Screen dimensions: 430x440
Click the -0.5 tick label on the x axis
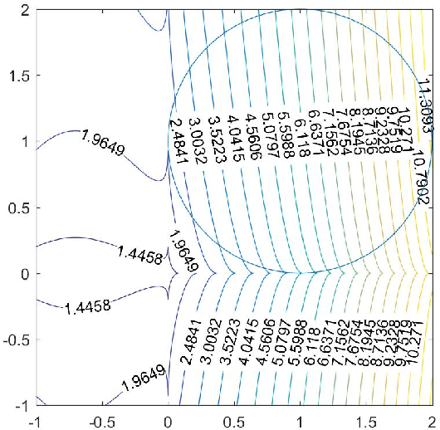click(x=101, y=421)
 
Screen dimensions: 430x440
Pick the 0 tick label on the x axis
click(x=168, y=421)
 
